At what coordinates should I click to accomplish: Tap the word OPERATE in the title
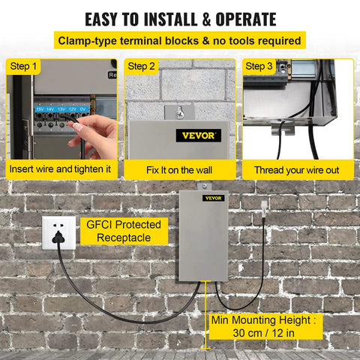(246, 19)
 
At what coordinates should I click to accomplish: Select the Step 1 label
(23, 66)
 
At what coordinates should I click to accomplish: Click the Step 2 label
(141, 66)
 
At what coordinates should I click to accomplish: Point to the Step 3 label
(259, 66)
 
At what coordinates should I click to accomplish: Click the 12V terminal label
(73, 109)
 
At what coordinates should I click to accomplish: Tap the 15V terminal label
(40, 109)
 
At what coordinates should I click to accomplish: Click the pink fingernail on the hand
(79, 127)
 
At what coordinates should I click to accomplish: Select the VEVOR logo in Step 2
(199, 136)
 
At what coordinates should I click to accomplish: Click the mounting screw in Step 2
(180, 114)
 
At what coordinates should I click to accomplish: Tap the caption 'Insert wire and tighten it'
(60, 169)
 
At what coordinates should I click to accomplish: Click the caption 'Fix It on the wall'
(179, 170)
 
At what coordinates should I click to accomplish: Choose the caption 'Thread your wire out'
(297, 170)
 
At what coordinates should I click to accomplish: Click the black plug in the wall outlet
(58, 238)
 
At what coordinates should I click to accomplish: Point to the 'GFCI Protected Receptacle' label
(124, 231)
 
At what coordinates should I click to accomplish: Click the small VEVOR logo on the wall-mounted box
(213, 198)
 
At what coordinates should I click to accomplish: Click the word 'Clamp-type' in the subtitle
(87, 40)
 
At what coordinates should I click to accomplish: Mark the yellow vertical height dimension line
(205, 315)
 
